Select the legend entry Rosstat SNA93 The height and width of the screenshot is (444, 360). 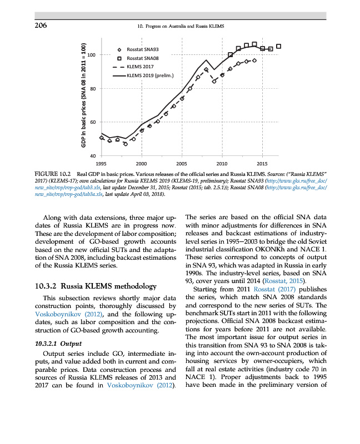pos(143,50)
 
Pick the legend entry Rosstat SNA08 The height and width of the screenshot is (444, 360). pos(143,58)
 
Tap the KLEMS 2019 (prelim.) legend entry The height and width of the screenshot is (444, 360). pos(150,75)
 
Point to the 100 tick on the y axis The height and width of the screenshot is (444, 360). pos(91,55)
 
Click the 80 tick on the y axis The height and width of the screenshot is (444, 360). pos(93,89)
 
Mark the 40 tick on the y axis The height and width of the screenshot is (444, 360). pos(93,156)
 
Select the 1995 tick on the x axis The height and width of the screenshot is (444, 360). pos(101,164)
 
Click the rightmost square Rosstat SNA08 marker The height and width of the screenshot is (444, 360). pos(278,46)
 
